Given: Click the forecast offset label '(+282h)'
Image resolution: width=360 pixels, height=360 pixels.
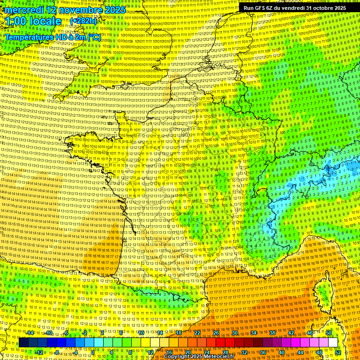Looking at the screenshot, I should (83, 21).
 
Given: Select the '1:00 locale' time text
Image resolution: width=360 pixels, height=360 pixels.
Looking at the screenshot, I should (33, 21).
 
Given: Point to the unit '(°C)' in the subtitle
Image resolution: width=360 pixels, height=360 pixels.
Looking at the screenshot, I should (93, 37).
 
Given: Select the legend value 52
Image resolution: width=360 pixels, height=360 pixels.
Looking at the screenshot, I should (338, 352).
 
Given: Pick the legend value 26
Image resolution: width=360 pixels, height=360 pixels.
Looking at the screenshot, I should (216, 333).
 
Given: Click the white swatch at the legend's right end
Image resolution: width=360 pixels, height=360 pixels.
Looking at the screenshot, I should (333, 343).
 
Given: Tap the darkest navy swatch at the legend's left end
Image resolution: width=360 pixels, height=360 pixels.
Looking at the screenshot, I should (23, 343).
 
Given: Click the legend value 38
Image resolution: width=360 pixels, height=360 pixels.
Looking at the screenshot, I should (272, 333).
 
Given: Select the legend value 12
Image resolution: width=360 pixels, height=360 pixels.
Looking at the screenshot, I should (150, 352).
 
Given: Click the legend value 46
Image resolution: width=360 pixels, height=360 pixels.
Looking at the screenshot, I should (310, 333).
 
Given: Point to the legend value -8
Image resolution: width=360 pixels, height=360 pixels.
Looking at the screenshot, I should (57, 352).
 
